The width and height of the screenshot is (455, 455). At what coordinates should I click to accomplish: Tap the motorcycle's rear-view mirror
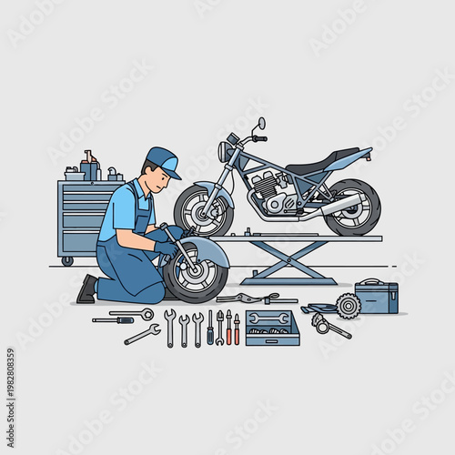[x=261, y=123]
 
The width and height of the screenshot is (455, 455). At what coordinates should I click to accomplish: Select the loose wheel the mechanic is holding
[x=195, y=270]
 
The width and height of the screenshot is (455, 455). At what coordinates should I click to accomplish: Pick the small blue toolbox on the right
[x=376, y=297]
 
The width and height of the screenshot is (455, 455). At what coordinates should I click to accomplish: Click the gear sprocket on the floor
[x=348, y=305]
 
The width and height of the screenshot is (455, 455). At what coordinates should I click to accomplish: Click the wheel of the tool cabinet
[x=67, y=261]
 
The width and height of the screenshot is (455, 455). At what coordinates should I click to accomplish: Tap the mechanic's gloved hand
[x=167, y=248]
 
